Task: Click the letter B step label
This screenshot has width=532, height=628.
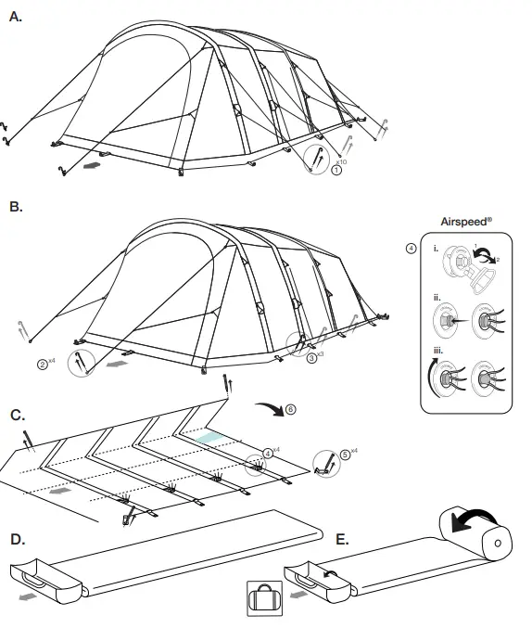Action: (15, 208)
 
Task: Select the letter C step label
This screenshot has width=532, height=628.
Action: (16, 415)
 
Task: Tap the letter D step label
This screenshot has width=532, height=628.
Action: (16, 539)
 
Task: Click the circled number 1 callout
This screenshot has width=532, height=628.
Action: (336, 170)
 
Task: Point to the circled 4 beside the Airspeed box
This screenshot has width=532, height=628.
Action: (411, 249)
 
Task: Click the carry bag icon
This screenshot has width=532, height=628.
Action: (264, 599)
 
